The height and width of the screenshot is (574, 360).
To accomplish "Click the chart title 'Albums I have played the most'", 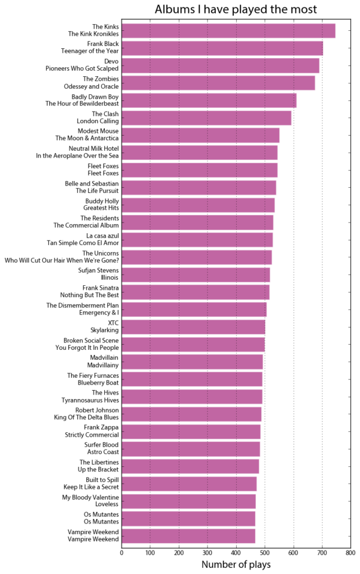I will point(236,10).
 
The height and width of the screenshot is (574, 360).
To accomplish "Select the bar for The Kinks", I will point(228,30).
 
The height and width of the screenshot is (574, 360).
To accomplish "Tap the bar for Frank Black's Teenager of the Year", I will point(222,48).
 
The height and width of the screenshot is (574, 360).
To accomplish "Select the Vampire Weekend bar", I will point(188,535).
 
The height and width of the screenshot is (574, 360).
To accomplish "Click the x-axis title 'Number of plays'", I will point(236,564).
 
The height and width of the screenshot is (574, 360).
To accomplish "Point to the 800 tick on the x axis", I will point(350,552).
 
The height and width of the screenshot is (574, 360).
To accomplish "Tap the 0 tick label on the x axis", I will point(122,552).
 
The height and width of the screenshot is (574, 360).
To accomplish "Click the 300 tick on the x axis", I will point(207,552).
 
